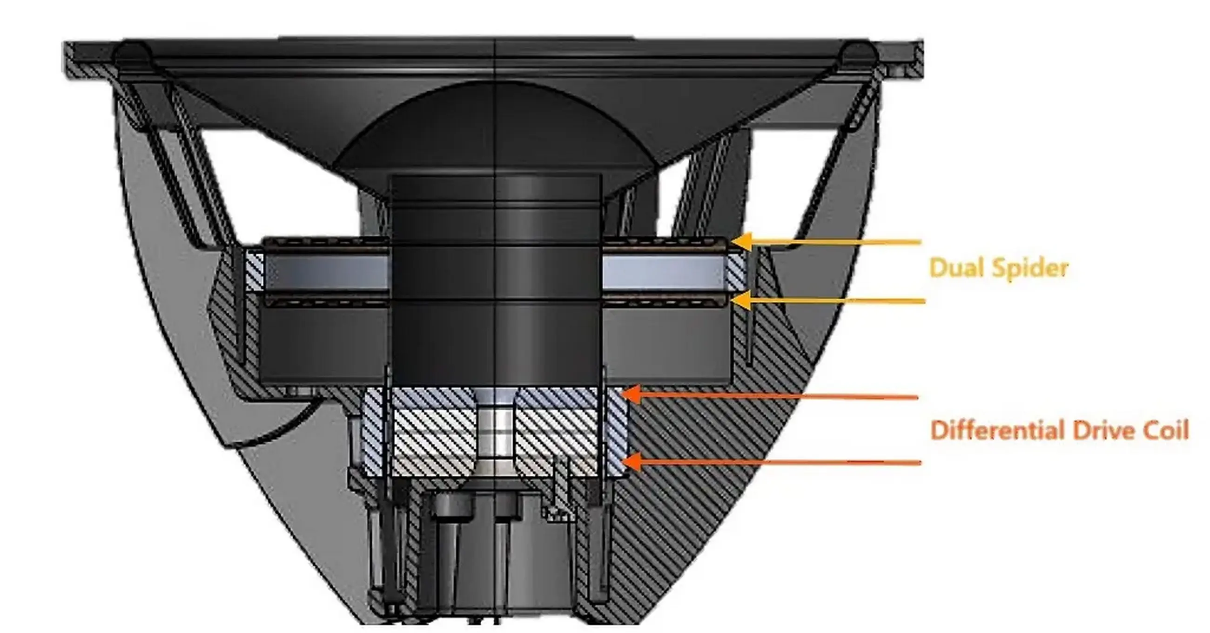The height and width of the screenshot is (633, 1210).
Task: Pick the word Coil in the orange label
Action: [x=1164, y=430]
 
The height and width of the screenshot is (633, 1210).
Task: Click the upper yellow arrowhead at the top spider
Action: [x=741, y=242]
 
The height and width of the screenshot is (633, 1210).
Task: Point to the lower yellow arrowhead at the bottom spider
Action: [x=741, y=300]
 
